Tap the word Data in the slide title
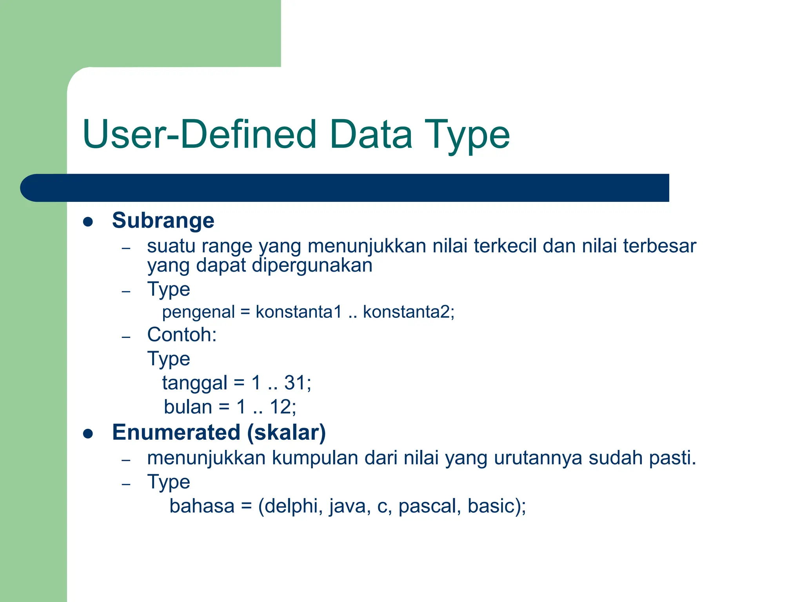371,134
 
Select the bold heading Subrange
163,220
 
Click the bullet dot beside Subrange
88,222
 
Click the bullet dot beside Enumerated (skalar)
88,434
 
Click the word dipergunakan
312,265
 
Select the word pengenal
198,312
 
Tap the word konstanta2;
409,312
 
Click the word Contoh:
182,335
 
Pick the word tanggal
194,383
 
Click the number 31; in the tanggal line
298,383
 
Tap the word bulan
188,407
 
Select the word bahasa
202,506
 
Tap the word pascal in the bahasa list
429,506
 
